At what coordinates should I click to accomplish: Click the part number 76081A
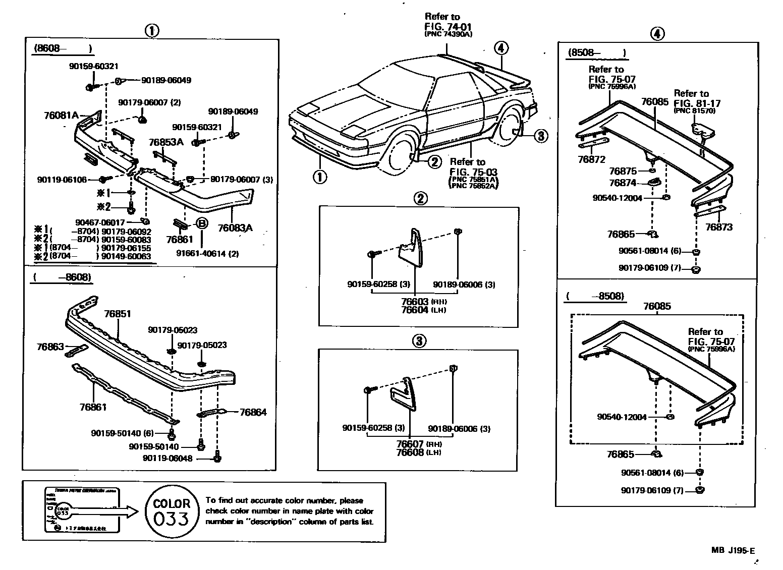(x=61, y=115)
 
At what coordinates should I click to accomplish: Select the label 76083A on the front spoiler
(x=235, y=228)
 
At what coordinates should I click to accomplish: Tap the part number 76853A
(x=166, y=142)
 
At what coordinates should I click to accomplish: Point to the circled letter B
(x=200, y=223)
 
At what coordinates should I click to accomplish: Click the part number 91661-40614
(x=207, y=253)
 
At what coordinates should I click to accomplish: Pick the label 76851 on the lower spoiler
(x=118, y=314)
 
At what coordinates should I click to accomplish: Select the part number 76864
(x=253, y=412)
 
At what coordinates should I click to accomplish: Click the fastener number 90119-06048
(x=167, y=459)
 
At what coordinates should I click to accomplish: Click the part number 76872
(x=591, y=159)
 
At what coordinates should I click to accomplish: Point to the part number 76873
(x=718, y=227)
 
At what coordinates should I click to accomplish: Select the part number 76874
(x=623, y=183)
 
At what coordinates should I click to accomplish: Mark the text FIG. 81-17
(x=694, y=103)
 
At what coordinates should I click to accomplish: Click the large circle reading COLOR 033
(x=172, y=511)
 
